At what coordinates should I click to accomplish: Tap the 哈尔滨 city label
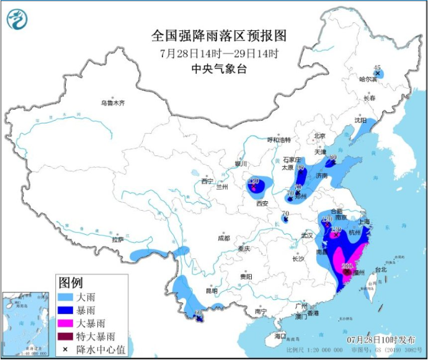click(368, 79)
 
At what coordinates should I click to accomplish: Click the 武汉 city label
click(306, 235)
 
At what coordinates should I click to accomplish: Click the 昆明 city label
click(212, 291)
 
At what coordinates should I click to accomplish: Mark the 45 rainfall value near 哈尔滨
click(377, 67)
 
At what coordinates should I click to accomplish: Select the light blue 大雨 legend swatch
click(67, 297)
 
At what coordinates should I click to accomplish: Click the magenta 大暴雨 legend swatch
click(67, 323)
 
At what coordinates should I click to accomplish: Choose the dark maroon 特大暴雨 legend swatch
click(67, 336)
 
